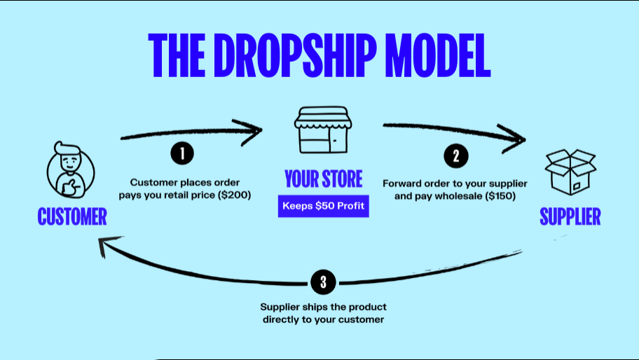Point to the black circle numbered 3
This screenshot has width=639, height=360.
click(323, 282)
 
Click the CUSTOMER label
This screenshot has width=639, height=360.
click(72, 216)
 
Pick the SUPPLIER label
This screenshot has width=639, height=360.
click(570, 216)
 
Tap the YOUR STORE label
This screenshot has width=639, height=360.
click(323, 179)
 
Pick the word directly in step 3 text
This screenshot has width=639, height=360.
click(281, 319)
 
